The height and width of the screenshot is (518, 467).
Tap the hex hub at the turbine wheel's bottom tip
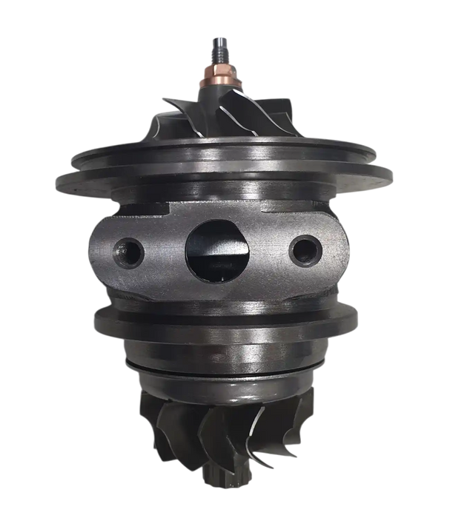pos(215,485)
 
